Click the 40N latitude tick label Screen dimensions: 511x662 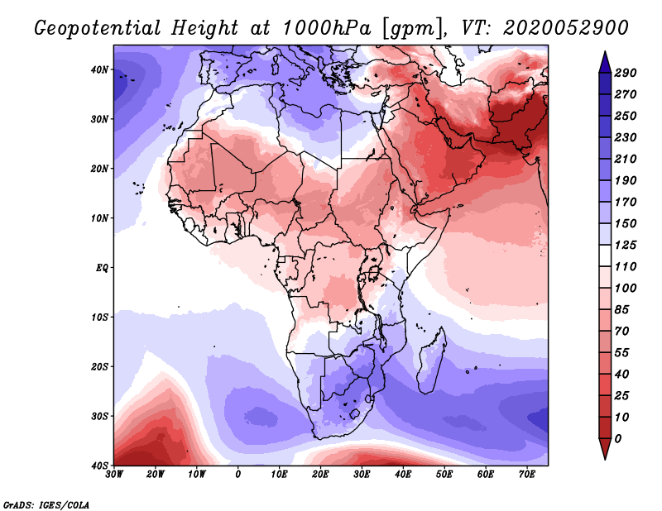(x=98, y=69)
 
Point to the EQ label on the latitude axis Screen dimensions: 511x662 (x=99, y=268)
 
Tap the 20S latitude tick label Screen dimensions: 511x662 (x=98, y=366)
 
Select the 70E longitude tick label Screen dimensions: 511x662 (x=527, y=475)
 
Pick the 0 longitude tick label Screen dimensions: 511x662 (x=238, y=475)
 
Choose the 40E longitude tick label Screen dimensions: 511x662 (x=403, y=475)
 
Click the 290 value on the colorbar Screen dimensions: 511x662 (x=626, y=74)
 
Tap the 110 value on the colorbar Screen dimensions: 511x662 (x=626, y=267)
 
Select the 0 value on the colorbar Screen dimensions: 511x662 (x=619, y=438)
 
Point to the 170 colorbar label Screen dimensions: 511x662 (x=626, y=202)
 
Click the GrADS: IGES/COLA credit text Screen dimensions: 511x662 (x=46, y=504)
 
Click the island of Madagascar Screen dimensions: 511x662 (x=431, y=364)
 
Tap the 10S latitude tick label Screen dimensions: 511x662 (x=98, y=317)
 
